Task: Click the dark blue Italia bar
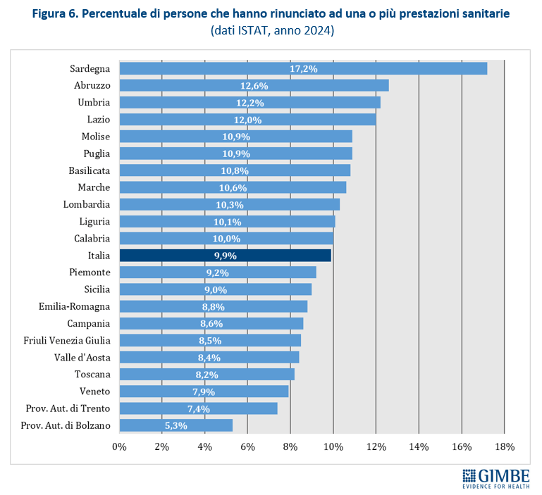click(x=225, y=256)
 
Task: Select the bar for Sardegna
click(x=303, y=68)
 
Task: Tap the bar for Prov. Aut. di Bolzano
click(x=175, y=425)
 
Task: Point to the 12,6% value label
click(x=254, y=86)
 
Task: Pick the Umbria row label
click(x=94, y=102)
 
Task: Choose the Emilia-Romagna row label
click(x=75, y=306)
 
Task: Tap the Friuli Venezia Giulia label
click(x=67, y=340)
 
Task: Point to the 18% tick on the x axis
click(x=505, y=447)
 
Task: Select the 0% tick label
click(x=120, y=447)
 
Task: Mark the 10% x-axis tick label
click(x=333, y=447)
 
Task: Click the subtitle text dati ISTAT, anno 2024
click(x=271, y=32)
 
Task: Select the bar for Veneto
click(x=204, y=391)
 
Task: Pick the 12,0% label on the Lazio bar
click(x=247, y=120)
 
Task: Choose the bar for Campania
click(x=211, y=323)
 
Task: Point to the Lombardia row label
click(x=87, y=204)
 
